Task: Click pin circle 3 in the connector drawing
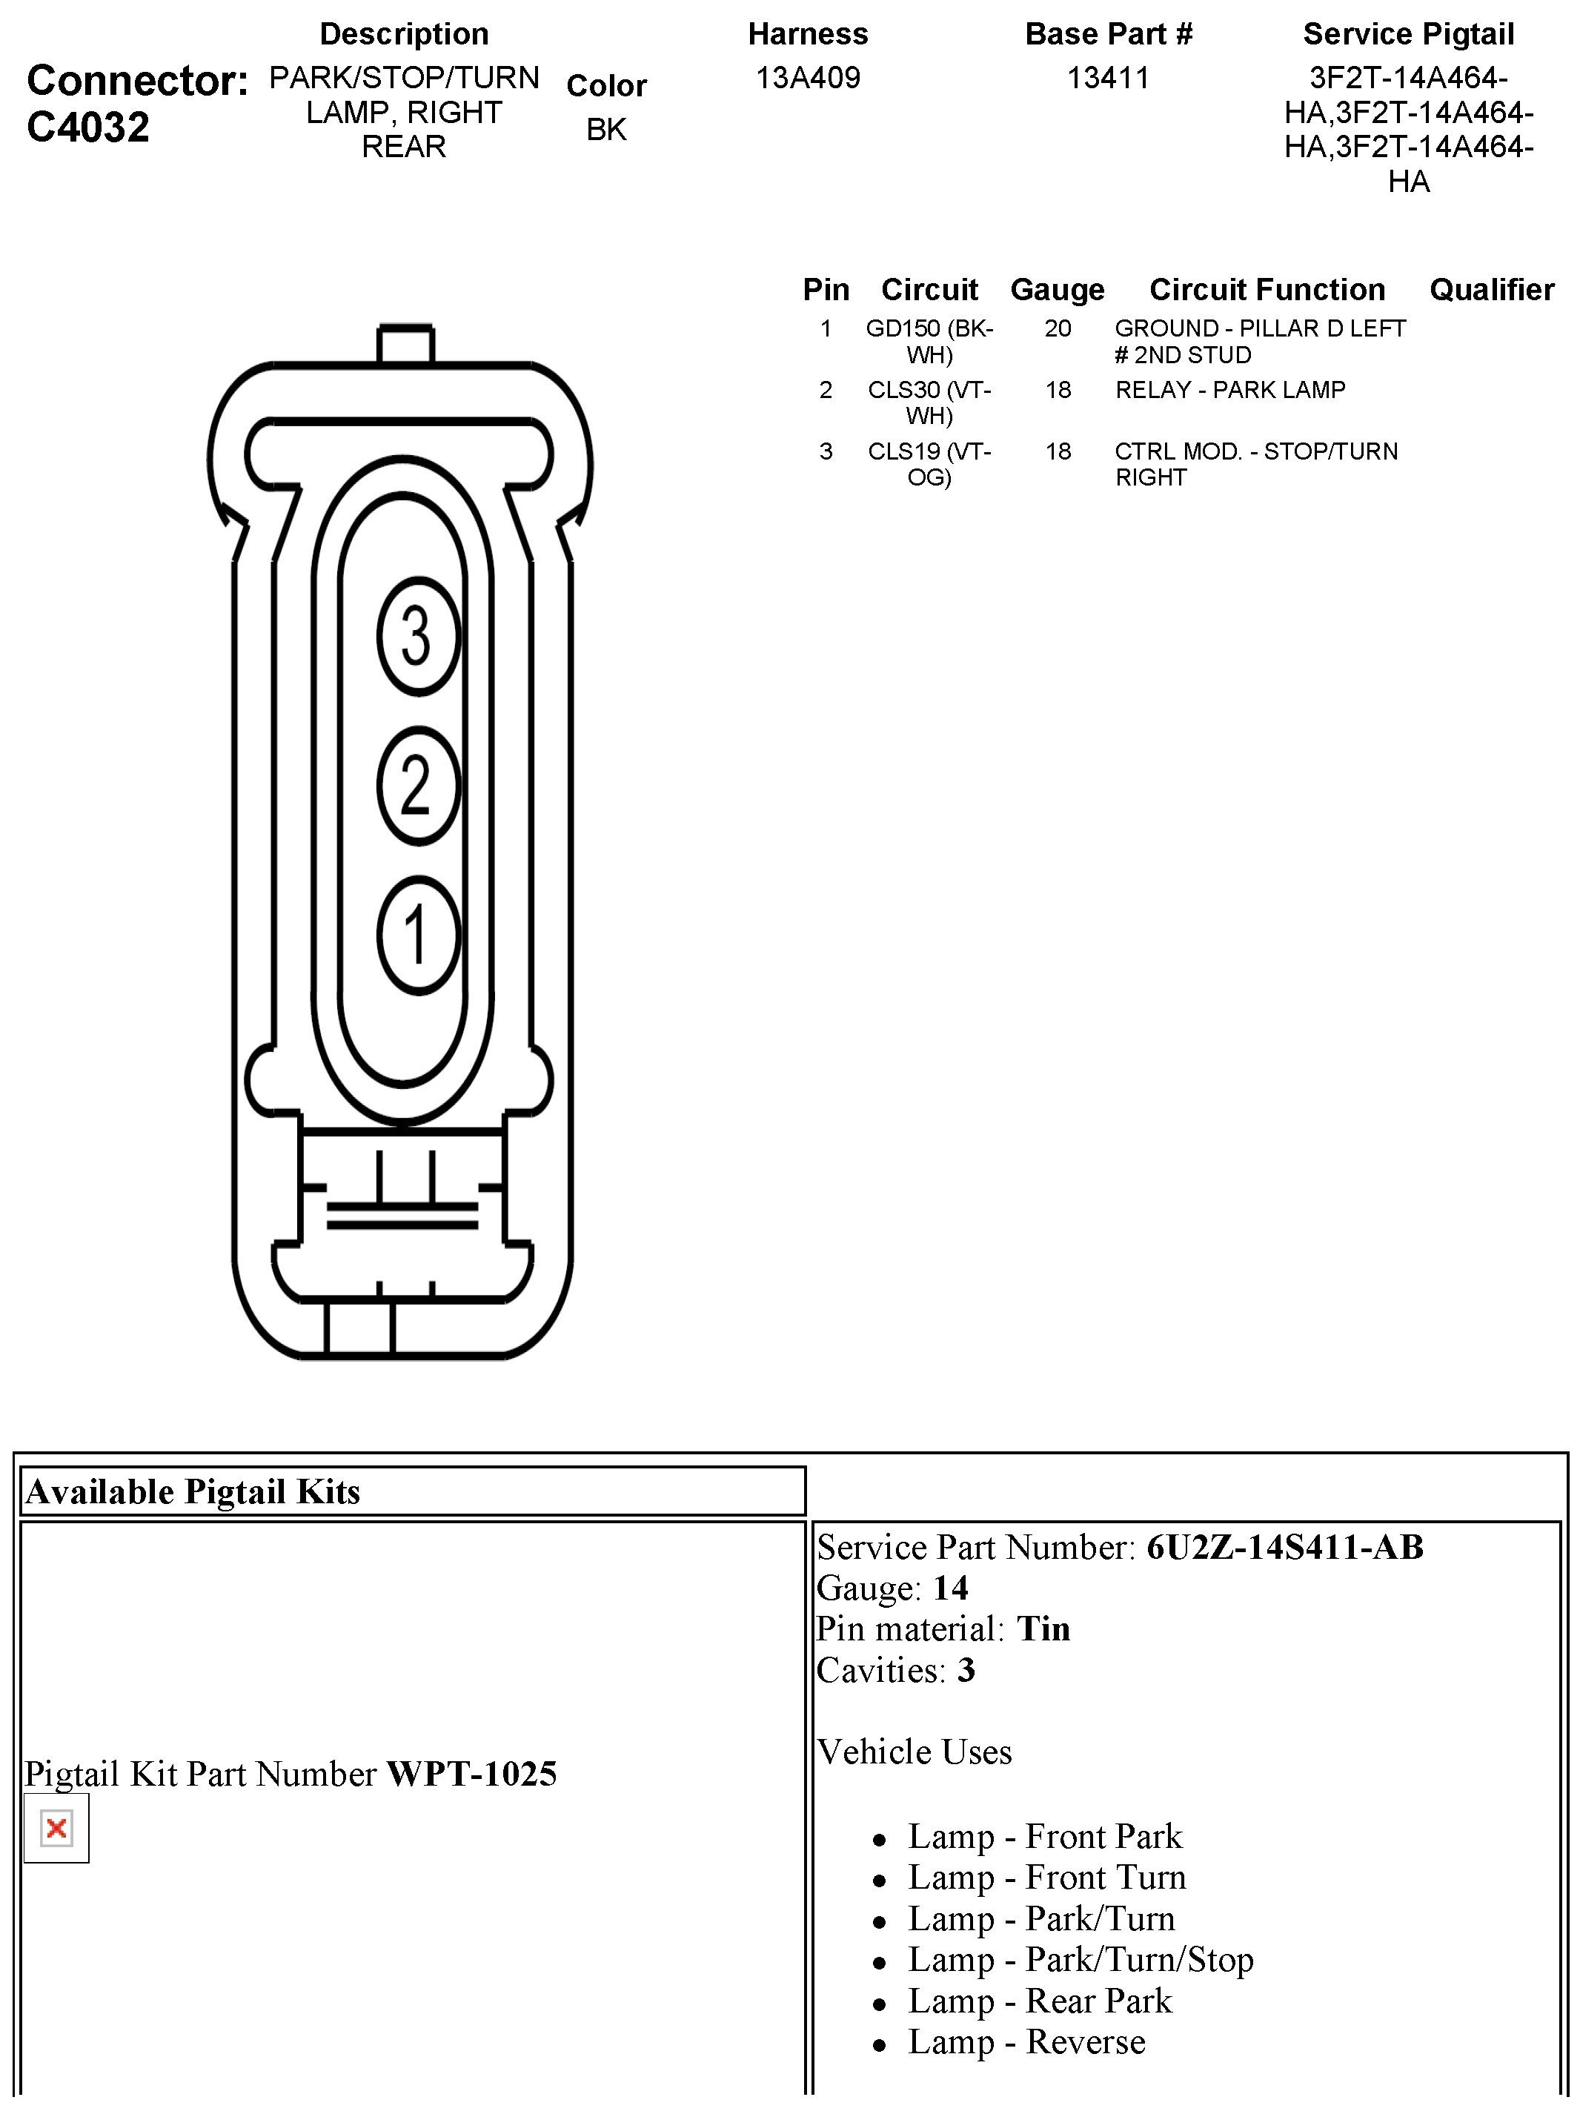418,635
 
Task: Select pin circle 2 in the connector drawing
418,786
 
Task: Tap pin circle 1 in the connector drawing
418,935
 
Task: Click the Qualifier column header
1491,289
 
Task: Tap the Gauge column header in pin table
1057,289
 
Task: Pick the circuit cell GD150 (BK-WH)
929,342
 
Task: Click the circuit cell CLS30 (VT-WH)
929,402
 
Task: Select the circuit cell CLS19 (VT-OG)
929,464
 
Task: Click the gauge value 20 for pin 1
1057,328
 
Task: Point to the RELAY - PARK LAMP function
1230,389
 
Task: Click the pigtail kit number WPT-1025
471,1774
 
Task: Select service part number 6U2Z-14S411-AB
1284,1547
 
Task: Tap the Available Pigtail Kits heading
193,1491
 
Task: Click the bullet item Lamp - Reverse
1026,2041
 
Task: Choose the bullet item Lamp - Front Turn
1046,1877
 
